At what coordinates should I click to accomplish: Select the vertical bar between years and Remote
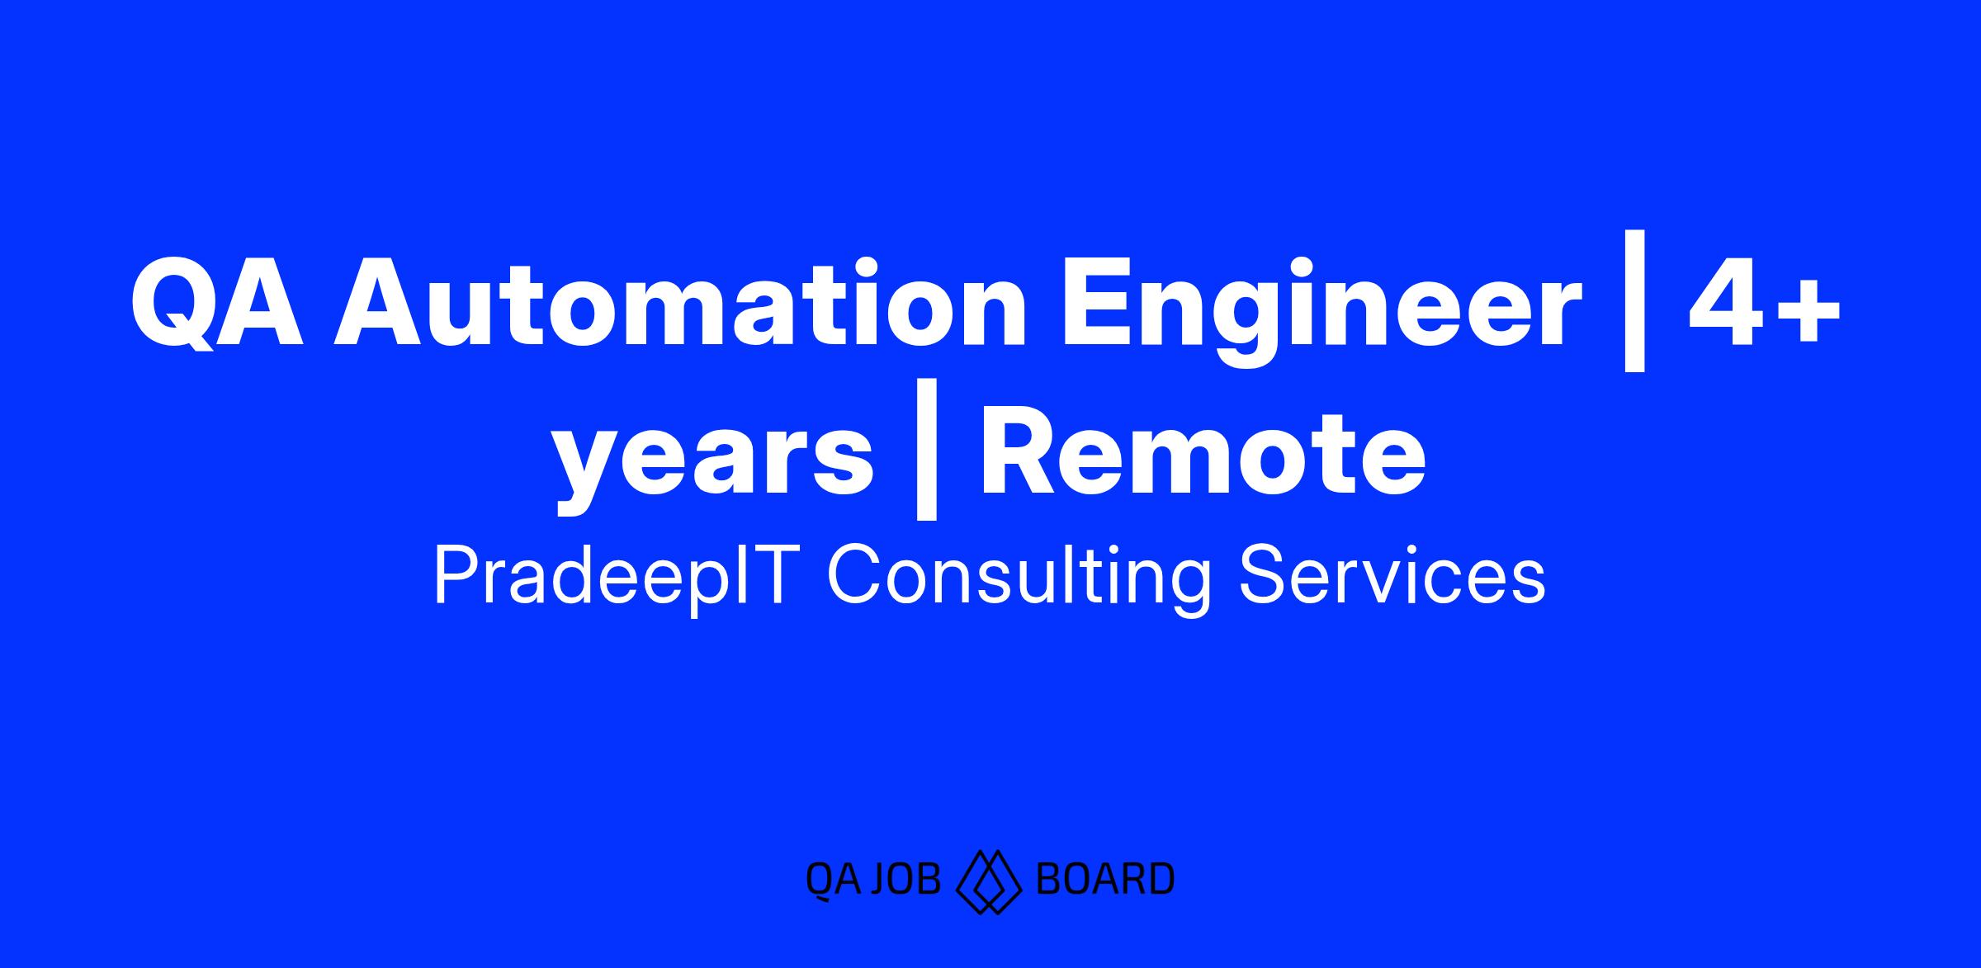(926, 451)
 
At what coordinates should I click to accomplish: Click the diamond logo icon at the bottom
(988, 882)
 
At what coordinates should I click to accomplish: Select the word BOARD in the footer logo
(1104, 879)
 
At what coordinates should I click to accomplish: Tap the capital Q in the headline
(173, 305)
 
